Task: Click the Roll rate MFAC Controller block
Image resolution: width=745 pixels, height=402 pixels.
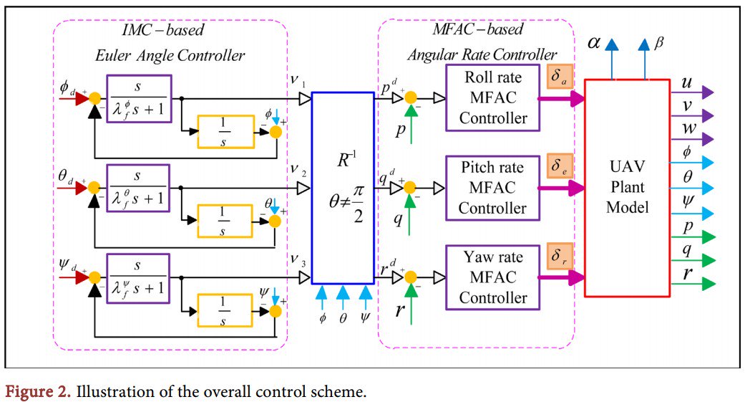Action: [x=493, y=97]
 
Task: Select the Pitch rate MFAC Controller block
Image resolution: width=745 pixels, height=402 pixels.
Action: [x=492, y=188]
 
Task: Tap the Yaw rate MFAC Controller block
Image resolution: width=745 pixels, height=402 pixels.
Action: [x=492, y=277]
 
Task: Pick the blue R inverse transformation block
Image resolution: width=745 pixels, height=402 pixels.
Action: [x=342, y=188]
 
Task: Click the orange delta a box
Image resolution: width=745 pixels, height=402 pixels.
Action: [x=560, y=77]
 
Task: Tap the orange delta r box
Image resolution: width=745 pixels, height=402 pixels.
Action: [x=560, y=256]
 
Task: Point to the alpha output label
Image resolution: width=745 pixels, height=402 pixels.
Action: [x=594, y=43]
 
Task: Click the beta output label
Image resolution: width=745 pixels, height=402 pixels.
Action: [x=659, y=43]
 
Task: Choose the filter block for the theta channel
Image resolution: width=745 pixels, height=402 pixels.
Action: [x=137, y=188]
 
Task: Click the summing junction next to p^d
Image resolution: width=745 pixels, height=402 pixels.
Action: [x=410, y=98]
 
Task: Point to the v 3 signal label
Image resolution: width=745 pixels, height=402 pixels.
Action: [x=298, y=264]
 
